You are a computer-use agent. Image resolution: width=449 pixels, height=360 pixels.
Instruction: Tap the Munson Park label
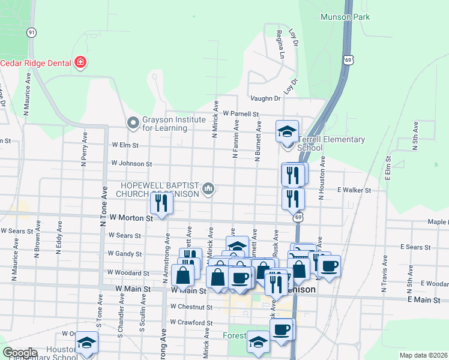[345, 17]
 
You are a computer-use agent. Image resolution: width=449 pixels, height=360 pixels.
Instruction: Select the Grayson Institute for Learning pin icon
[133, 123]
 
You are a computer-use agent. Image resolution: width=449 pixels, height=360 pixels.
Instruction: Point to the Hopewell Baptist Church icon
[208, 189]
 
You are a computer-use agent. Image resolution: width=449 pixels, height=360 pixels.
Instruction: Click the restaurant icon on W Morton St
[160, 203]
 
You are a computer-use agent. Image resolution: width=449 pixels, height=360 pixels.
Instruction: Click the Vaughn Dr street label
[265, 98]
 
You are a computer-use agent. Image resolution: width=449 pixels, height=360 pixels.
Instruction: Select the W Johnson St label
[131, 163]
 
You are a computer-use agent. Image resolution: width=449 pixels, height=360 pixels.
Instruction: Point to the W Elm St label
[125, 145]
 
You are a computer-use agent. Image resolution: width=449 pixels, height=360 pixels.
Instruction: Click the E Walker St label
[354, 190]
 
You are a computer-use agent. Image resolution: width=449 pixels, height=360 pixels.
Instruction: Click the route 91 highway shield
[32, 32]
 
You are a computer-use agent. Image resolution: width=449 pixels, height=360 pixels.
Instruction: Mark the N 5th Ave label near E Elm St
[415, 135]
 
